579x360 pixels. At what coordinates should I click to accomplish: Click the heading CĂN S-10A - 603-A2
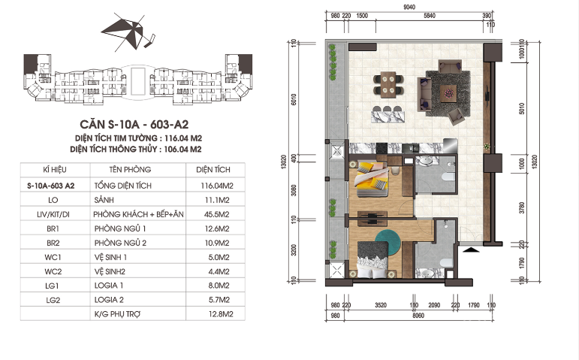(x=134, y=124)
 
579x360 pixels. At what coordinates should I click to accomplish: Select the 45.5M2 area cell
(x=217, y=214)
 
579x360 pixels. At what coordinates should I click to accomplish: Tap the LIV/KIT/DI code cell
(x=53, y=214)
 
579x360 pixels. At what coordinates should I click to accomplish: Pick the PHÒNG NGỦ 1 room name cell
(x=120, y=228)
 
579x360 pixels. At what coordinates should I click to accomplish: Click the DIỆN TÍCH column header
(x=213, y=170)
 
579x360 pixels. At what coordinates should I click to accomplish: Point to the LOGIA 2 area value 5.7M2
(x=219, y=300)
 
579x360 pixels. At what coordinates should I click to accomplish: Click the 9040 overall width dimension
(x=409, y=7)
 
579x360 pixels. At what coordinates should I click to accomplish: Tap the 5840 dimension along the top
(x=430, y=16)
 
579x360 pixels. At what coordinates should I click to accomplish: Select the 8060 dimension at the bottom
(x=418, y=316)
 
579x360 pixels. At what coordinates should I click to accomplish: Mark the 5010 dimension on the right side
(x=522, y=108)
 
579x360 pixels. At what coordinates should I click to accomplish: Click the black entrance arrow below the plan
(x=471, y=250)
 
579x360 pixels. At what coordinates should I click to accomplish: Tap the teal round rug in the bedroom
(x=388, y=241)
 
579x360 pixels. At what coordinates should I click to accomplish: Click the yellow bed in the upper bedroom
(x=371, y=180)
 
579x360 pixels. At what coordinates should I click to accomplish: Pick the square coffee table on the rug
(x=448, y=92)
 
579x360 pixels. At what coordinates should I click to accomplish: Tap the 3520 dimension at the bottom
(x=380, y=305)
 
